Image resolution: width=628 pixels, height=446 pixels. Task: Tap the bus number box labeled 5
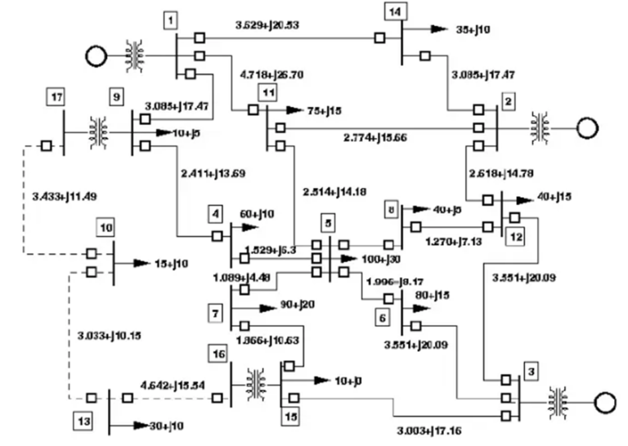pyautogui.click(x=328, y=222)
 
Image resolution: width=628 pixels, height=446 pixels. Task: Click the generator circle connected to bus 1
pyautogui.click(x=96, y=56)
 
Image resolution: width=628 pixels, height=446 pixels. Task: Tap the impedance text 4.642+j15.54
pyautogui.click(x=173, y=383)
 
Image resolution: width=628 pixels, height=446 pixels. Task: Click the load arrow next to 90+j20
pyautogui.click(x=261, y=310)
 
